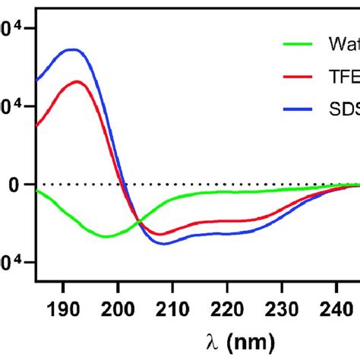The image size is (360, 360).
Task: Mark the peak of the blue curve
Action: [72, 49]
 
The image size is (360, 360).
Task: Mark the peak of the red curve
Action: [77, 81]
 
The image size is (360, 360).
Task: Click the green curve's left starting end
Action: [37, 190]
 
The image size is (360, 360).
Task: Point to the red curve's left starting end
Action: [37, 125]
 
